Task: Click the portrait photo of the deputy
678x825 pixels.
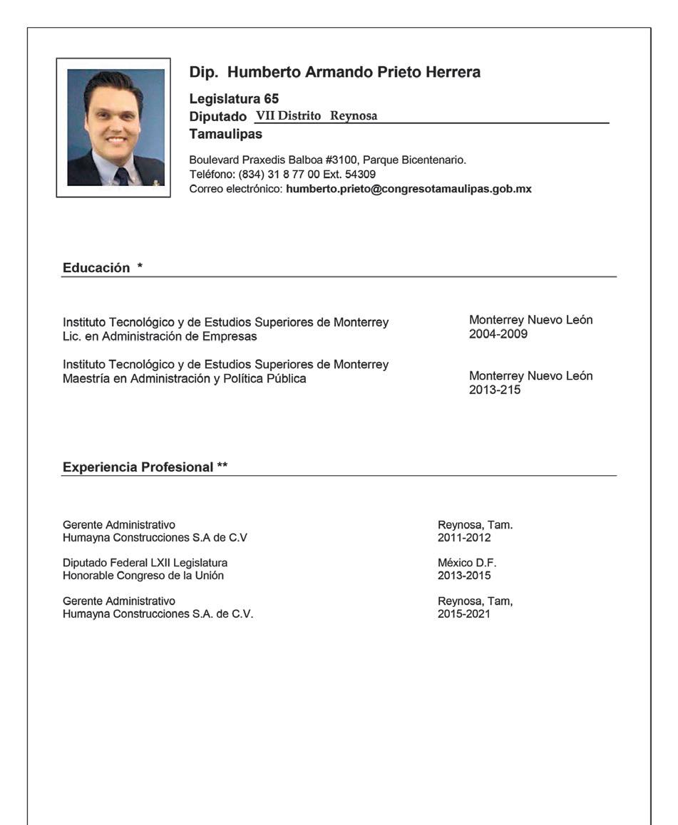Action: [115, 127]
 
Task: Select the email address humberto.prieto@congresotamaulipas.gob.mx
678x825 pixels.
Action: [409, 190]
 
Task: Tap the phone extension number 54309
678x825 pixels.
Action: [361, 175]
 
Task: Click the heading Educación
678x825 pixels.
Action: [96, 268]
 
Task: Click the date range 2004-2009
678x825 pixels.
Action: [498, 334]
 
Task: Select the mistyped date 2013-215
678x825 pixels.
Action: [495, 390]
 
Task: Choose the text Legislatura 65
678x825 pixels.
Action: [234, 100]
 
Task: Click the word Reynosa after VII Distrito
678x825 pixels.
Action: [354, 115]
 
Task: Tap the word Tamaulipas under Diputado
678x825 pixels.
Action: [225, 134]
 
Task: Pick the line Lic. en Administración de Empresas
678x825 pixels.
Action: [160, 336]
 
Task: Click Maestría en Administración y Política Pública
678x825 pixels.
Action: [184, 379]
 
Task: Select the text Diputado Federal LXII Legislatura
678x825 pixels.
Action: [145, 563]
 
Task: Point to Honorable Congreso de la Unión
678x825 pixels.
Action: [143, 576]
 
